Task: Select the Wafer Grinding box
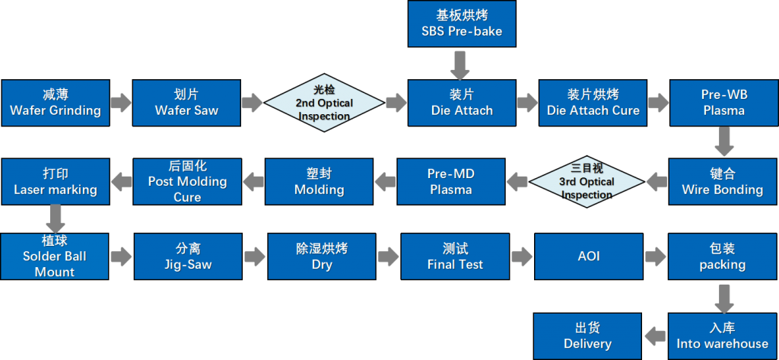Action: pos(55,103)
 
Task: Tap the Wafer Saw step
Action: pos(186,103)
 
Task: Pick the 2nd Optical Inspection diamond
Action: pos(324,103)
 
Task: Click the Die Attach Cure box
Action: pos(593,103)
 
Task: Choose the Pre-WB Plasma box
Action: pos(722,103)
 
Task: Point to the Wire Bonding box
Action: pos(722,182)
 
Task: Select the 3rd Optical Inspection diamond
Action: pos(587,182)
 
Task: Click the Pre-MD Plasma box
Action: pos(450,182)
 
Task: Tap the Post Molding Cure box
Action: pos(187,182)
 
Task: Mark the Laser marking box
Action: pos(55,182)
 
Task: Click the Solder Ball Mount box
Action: pos(55,256)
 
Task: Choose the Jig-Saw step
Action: pos(187,256)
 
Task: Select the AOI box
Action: pos(588,256)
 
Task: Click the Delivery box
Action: pos(587,336)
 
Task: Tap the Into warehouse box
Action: pos(722,336)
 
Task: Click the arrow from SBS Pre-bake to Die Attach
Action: pos(460,65)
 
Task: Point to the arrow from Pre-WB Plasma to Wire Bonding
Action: pos(723,142)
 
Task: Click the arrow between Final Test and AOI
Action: pos(522,256)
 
